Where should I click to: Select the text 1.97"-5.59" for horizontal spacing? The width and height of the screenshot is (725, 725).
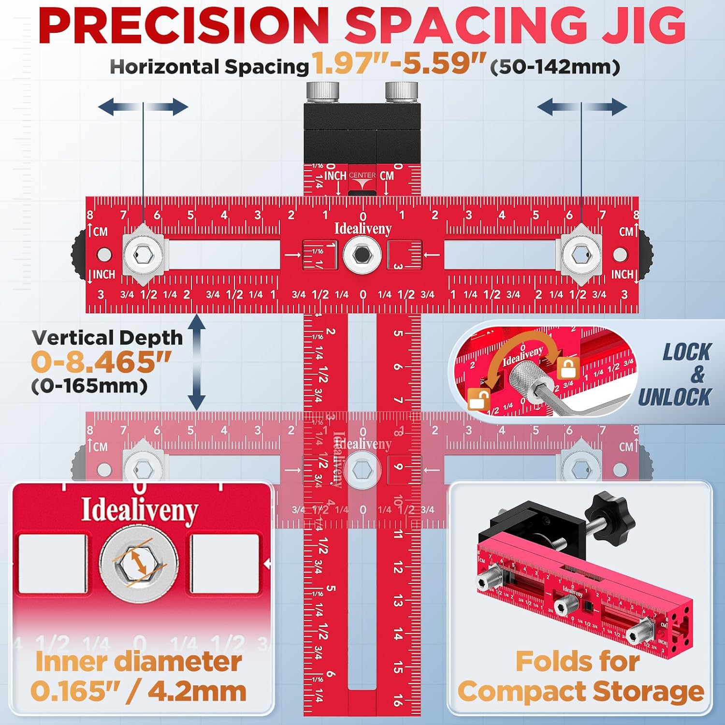398,63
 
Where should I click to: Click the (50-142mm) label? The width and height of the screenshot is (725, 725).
555,67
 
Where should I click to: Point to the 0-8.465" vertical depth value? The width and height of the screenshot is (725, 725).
101,362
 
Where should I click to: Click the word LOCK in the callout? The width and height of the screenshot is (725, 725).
686,352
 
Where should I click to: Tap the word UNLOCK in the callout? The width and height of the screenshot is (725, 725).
674,397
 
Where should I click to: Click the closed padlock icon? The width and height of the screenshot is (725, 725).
568,368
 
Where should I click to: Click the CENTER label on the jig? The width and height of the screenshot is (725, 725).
362,175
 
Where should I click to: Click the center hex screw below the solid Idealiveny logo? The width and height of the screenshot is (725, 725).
362,255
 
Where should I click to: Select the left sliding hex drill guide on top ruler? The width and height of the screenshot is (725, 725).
143,254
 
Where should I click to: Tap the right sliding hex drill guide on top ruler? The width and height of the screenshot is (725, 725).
581,254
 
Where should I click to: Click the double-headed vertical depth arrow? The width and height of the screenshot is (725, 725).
196,362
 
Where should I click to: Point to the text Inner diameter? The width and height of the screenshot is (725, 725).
138,661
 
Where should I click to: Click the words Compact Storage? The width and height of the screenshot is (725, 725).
580,691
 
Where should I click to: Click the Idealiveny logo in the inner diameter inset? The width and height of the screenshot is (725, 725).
139,510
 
